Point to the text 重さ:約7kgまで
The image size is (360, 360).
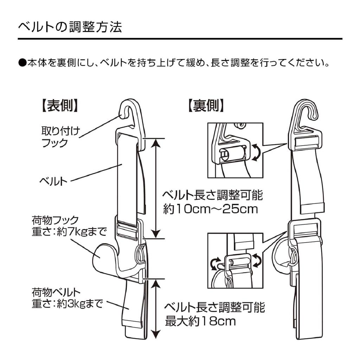69,232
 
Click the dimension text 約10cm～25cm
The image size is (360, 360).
211,209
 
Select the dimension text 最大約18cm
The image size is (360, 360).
200,321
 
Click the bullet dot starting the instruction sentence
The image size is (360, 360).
22,64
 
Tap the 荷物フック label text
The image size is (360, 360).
55,221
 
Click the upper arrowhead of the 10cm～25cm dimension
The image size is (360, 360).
157,142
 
